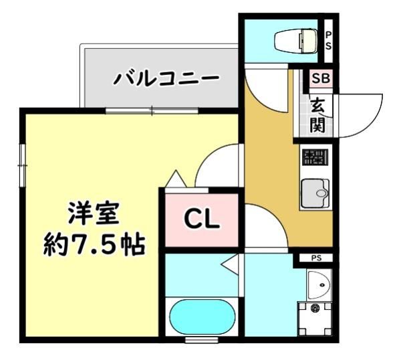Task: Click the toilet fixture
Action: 296,41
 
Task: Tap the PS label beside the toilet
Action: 328,41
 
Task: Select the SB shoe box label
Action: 321,78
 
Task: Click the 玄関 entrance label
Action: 317,115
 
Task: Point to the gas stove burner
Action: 315,157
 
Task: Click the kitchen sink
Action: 315,193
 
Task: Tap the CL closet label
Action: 202,220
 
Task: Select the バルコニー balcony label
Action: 166,78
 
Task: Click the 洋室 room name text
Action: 94,213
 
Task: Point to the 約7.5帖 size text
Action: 94,245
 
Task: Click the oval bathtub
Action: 203,317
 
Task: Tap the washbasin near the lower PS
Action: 319,284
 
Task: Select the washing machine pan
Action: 315,319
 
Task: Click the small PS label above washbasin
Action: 316,258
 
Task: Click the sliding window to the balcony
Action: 152,111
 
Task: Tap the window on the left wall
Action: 23,165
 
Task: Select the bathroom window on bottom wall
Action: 202,340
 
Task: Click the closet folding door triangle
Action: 176,179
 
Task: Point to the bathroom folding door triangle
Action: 230,265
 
